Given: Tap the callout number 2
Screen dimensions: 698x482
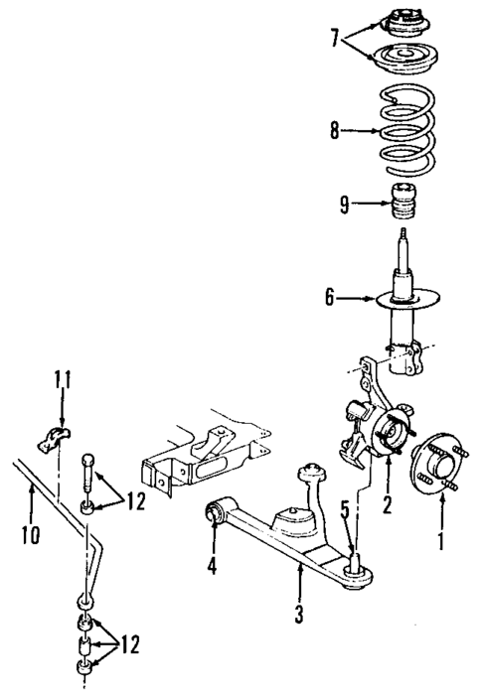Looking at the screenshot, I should point(387,503).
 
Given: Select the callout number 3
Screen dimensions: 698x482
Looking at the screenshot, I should point(298,613).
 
